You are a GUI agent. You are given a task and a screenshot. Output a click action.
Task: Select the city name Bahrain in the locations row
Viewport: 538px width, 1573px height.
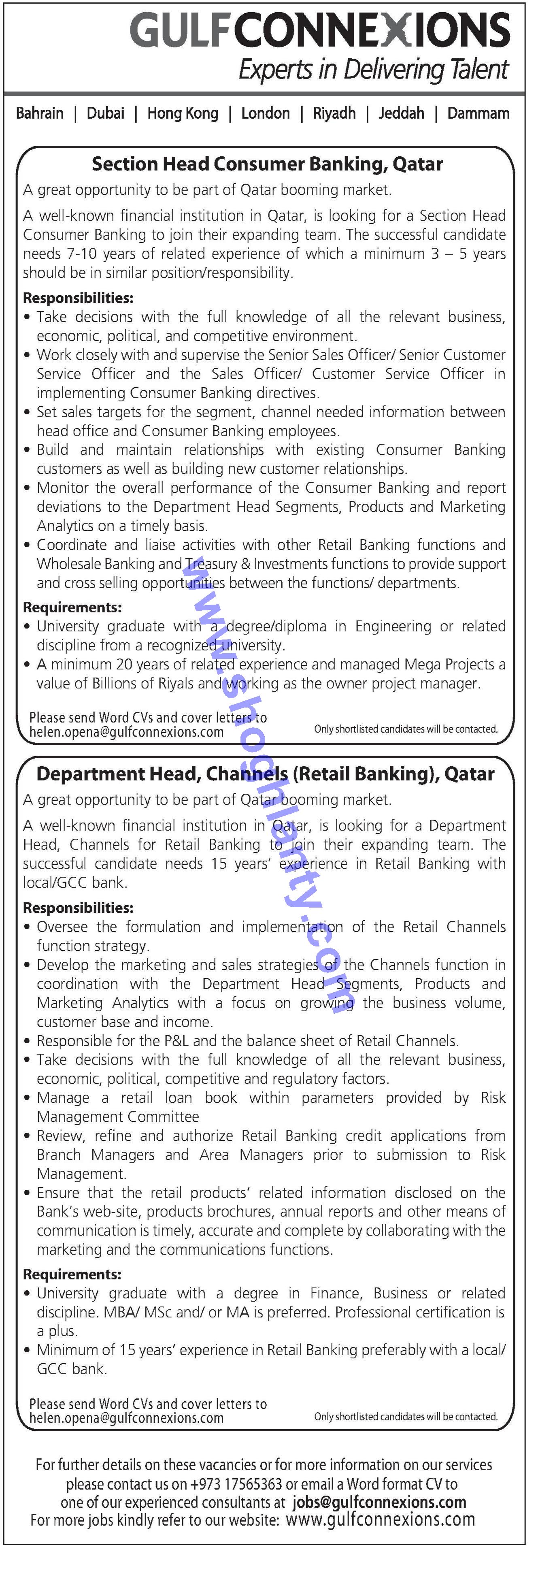click(40, 113)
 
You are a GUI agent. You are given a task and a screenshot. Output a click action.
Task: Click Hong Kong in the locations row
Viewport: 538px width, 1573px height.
click(183, 113)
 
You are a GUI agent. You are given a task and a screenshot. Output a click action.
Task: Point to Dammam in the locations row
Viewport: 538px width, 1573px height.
click(478, 113)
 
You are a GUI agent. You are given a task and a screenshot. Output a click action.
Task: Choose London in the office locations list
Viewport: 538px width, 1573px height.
click(265, 113)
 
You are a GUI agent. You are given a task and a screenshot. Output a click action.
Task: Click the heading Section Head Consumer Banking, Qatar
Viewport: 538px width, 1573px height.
click(268, 164)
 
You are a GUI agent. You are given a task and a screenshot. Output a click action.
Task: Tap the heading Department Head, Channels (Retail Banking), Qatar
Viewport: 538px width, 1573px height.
click(265, 774)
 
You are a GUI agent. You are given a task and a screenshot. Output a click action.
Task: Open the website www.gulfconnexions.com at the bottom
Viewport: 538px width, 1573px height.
click(380, 1520)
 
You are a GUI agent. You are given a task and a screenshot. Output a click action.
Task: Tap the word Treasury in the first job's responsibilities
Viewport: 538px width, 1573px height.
click(211, 564)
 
